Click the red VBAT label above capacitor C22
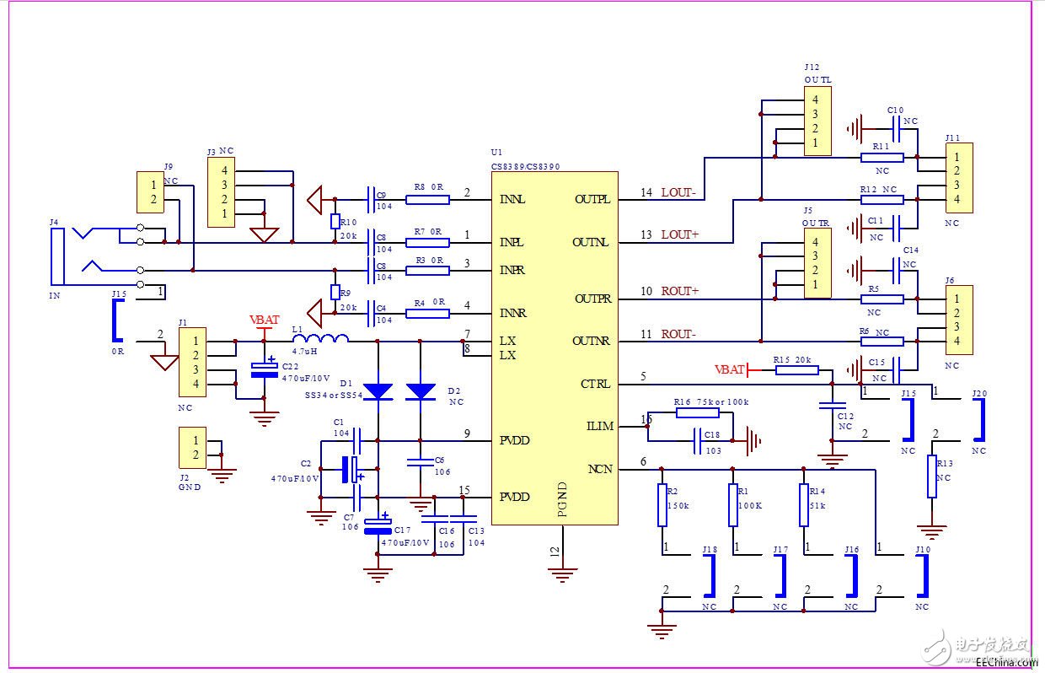tap(265, 320)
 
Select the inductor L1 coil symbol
tap(332, 340)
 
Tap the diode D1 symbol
tap(377, 390)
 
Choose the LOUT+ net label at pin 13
tap(679, 234)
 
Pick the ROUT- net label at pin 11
tap(678, 334)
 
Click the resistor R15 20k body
tap(796, 369)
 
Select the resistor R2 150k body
tap(662, 504)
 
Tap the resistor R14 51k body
tap(804, 504)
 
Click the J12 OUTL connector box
tap(816, 121)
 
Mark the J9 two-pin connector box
tap(151, 192)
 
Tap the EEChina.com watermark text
tap(1002, 663)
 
